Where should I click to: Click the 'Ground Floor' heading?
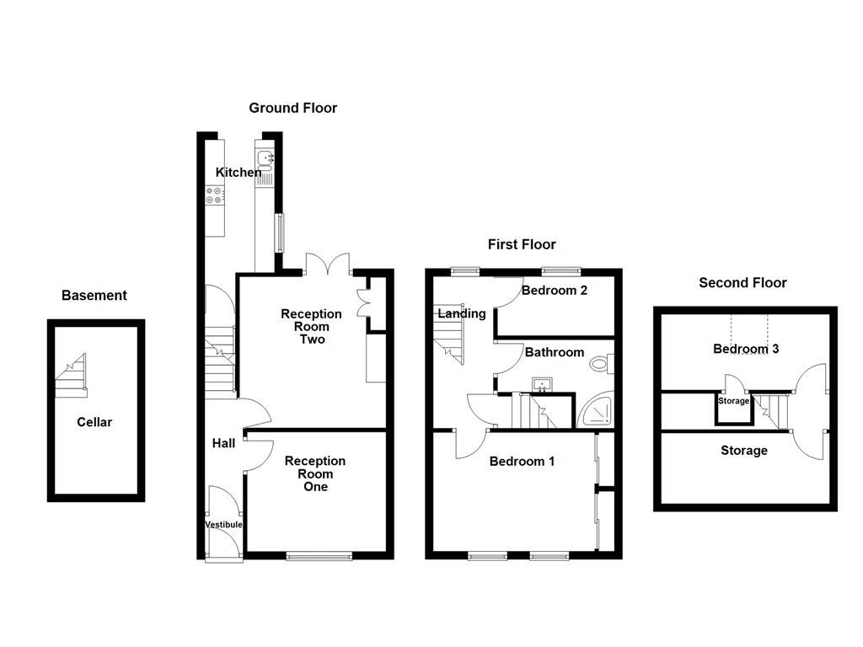(x=292, y=108)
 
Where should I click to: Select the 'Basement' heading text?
(x=94, y=296)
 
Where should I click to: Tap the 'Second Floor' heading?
(x=742, y=283)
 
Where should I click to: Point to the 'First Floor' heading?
(x=522, y=244)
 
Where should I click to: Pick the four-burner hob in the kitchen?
(x=215, y=195)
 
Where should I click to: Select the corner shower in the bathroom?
(x=598, y=410)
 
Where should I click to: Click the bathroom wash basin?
(x=541, y=386)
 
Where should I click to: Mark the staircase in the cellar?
(x=72, y=376)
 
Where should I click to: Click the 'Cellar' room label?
(x=94, y=422)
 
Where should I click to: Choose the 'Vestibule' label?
(x=223, y=525)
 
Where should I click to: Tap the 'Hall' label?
(x=223, y=443)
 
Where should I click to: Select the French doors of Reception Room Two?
(x=328, y=264)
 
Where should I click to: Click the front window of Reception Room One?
(x=319, y=555)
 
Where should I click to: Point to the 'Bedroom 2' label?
(x=554, y=291)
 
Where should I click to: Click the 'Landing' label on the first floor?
(x=461, y=313)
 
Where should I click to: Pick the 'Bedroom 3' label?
(x=745, y=349)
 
